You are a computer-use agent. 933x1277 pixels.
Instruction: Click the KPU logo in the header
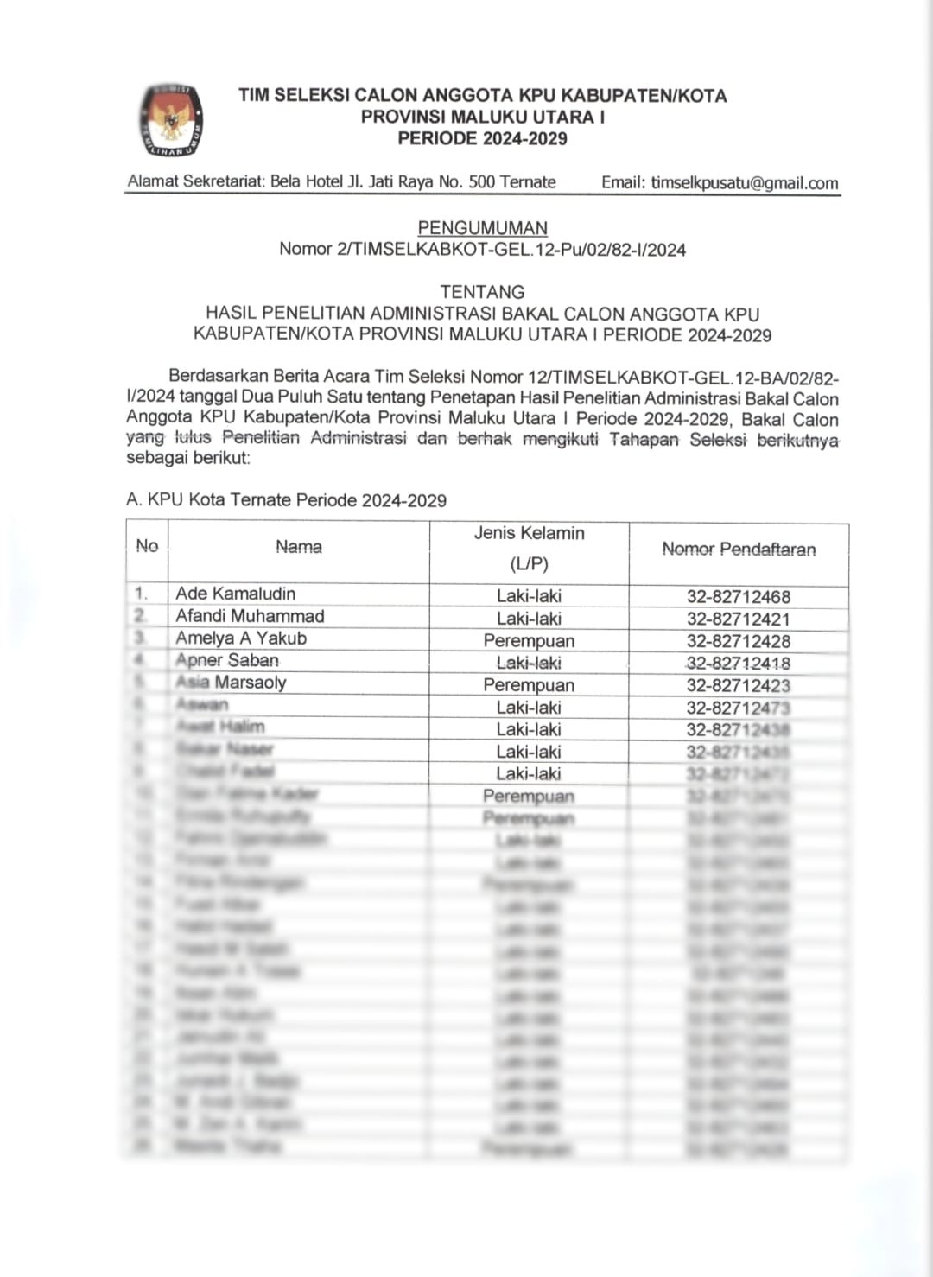coord(171,120)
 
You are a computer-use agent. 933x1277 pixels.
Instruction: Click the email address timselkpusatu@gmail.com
coord(744,183)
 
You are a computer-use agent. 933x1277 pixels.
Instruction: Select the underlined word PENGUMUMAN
coord(482,228)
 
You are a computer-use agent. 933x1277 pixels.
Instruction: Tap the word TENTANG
coord(482,292)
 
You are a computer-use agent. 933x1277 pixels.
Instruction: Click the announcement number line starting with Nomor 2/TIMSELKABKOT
coord(482,250)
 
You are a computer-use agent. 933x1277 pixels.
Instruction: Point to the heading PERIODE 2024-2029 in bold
coord(482,138)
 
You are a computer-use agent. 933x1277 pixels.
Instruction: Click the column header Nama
coord(299,547)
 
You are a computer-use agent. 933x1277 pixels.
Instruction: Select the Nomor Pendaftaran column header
coord(739,550)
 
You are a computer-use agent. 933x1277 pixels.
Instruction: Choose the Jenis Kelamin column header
coord(529,534)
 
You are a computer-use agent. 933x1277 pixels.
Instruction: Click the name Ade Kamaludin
coord(236,594)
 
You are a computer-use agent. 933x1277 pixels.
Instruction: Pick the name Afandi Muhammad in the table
coord(250,616)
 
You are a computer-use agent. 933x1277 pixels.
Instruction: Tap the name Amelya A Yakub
coord(241,638)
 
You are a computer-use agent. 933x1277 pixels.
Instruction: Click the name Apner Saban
coord(227,660)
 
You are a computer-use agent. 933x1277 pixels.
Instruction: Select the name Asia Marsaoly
coord(231,683)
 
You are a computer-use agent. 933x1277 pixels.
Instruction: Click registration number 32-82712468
coord(739,597)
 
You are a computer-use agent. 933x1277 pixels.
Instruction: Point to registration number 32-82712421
coord(739,619)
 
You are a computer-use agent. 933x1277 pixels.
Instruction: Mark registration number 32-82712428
coord(739,642)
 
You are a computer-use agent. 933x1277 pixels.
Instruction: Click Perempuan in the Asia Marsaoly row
coord(529,685)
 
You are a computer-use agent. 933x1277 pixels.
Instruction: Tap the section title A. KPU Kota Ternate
coord(286,500)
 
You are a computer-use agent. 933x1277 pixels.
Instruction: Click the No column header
coord(147,546)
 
